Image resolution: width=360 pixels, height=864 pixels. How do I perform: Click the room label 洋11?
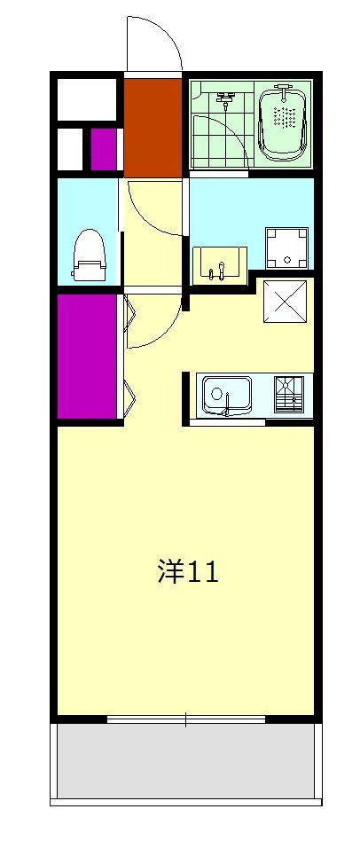click(x=187, y=571)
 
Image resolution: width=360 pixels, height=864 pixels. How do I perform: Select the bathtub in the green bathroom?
click(x=284, y=123)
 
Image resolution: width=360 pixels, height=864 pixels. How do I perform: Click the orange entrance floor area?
click(x=153, y=126)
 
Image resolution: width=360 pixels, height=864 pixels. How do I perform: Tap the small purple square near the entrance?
click(x=105, y=148)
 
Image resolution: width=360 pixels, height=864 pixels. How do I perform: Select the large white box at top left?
click(x=87, y=98)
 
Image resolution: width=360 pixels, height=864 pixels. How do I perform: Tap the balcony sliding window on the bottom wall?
click(x=185, y=719)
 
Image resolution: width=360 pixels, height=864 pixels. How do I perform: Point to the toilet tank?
click(x=89, y=271)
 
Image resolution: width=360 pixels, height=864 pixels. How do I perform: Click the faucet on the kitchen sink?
click(x=227, y=408)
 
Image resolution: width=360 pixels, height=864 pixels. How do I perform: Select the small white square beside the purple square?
click(x=71, y=148)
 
